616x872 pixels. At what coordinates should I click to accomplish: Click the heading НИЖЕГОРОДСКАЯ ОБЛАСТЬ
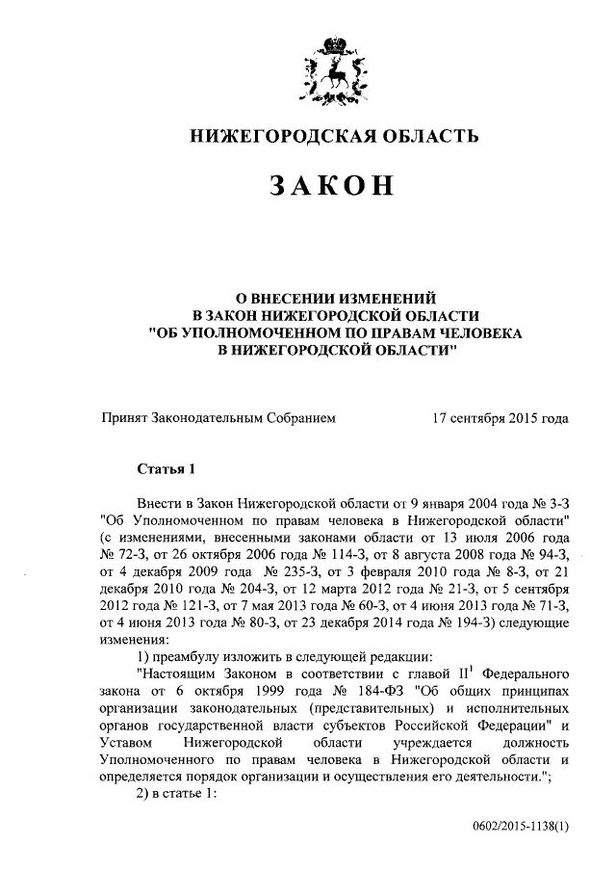[333, 137]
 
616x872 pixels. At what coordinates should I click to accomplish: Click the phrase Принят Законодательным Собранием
[218, 418]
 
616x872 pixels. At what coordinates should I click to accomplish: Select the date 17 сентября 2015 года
[500, 418]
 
